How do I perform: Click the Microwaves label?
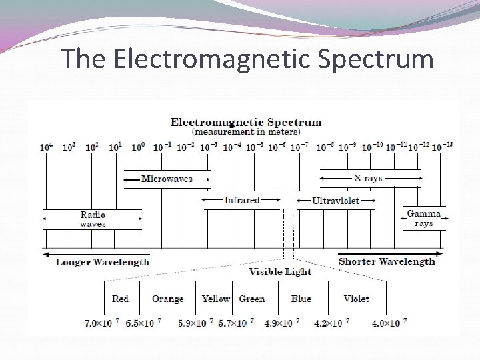(167, 179)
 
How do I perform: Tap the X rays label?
(368, 179)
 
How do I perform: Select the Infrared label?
(242, 200)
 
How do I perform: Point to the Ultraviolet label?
(335, 201)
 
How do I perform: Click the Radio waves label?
(93, 219)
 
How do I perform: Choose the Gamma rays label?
(424, 219)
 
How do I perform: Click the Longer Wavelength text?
(103, 262)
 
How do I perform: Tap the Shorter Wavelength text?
(387, 261)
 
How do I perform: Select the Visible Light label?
(280, 272)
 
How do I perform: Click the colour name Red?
(121, 299)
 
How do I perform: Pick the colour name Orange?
(167, 299)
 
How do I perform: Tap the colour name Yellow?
(216, 299)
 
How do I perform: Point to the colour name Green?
(252, 299)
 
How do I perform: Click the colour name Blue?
(301, 299)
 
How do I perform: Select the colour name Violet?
(356, 299)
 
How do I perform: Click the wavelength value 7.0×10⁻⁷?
(103, 323)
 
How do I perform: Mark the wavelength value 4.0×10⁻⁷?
(389, 323)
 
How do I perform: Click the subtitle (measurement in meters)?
(245, 132)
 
